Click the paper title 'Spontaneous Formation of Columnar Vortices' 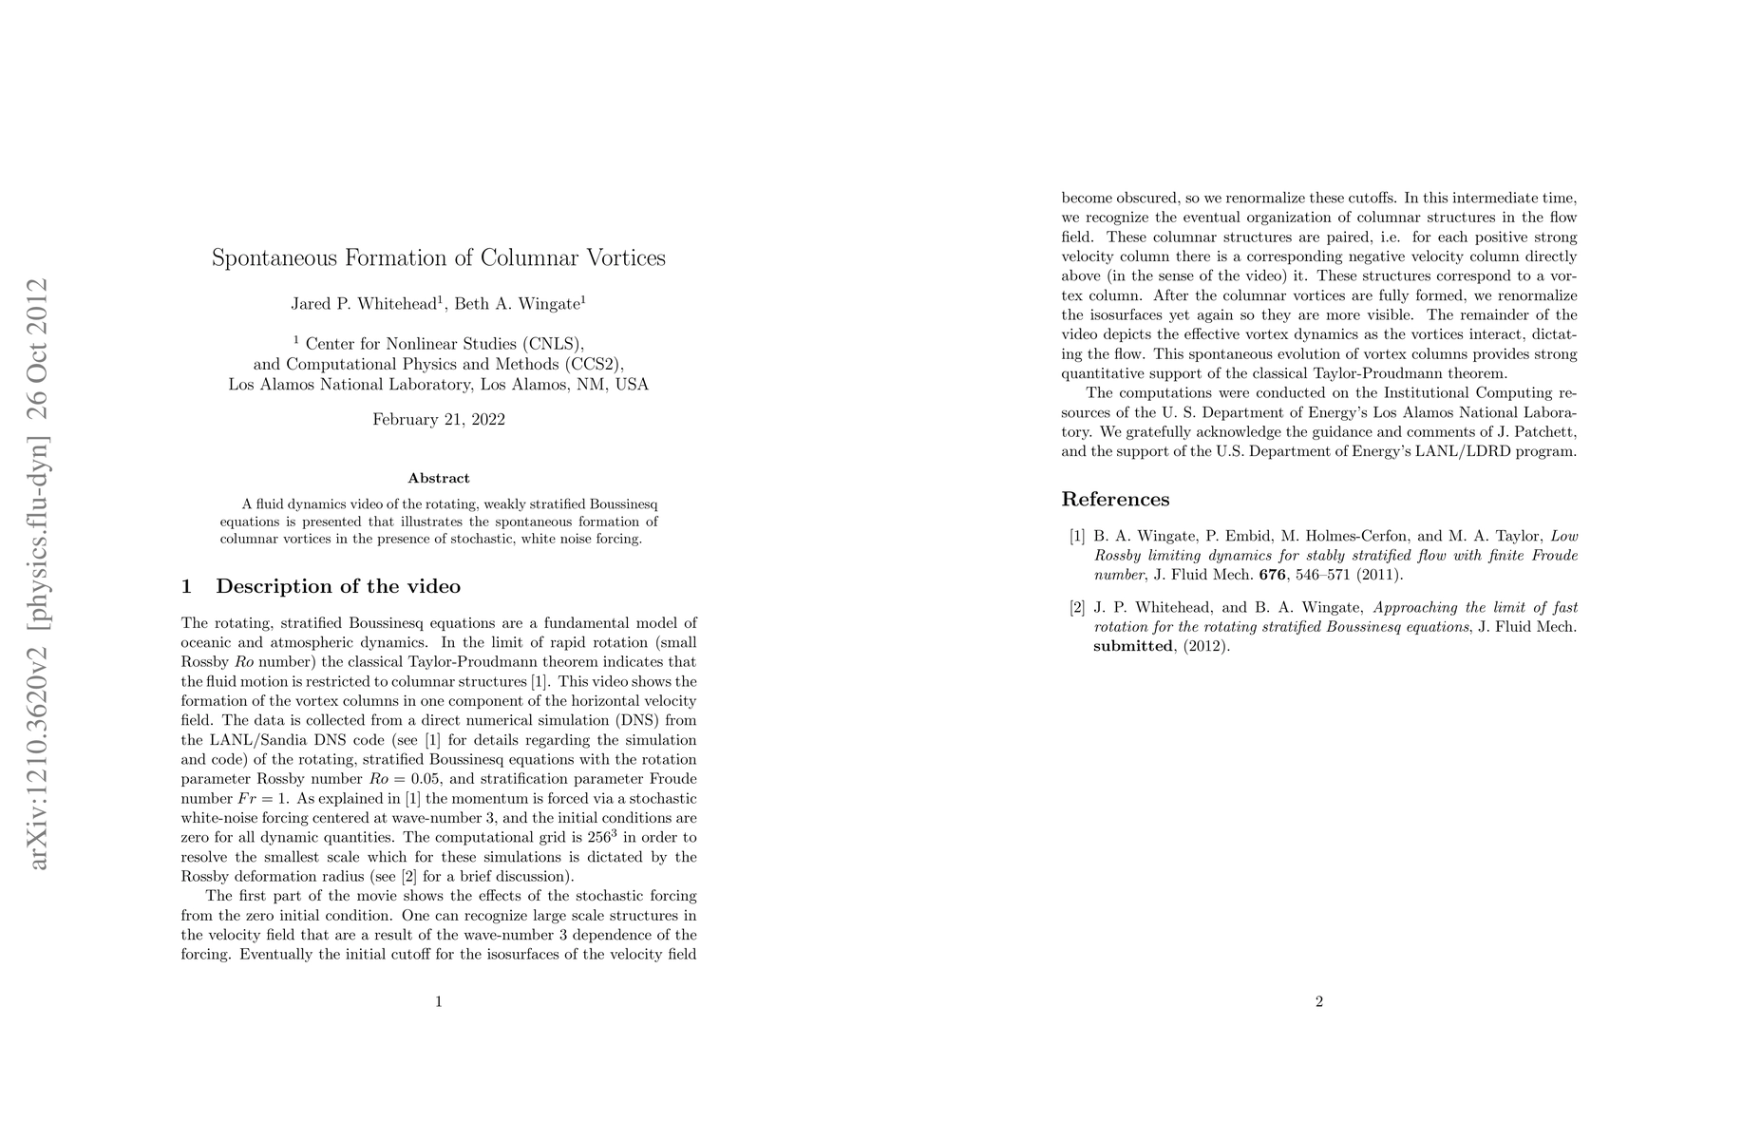coord(438,258)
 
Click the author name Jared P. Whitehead coord(362,305)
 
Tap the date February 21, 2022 coord(438,420)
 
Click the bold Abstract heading coord(438,478)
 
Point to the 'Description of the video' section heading coord(337,586)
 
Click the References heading coord(1115,500)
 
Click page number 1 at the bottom coord(438,1001)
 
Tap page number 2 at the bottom coord(1319,1001)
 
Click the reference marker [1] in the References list coord(1077,536)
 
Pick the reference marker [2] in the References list coord(1077,608)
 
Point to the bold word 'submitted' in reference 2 coord(1133,647)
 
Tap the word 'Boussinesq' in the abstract coord(623,503)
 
